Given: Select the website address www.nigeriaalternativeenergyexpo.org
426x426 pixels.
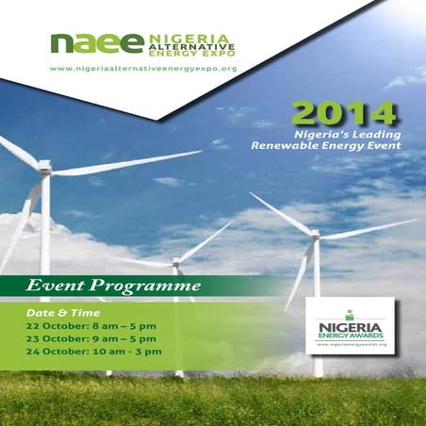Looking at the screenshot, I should click(x=142, y=69).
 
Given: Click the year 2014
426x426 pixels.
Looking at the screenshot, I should click(x=343, y=116).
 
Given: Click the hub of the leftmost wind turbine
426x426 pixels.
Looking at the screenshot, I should click(x=44, y=167).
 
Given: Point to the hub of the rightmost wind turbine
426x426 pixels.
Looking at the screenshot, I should click(x=316, y=234).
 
